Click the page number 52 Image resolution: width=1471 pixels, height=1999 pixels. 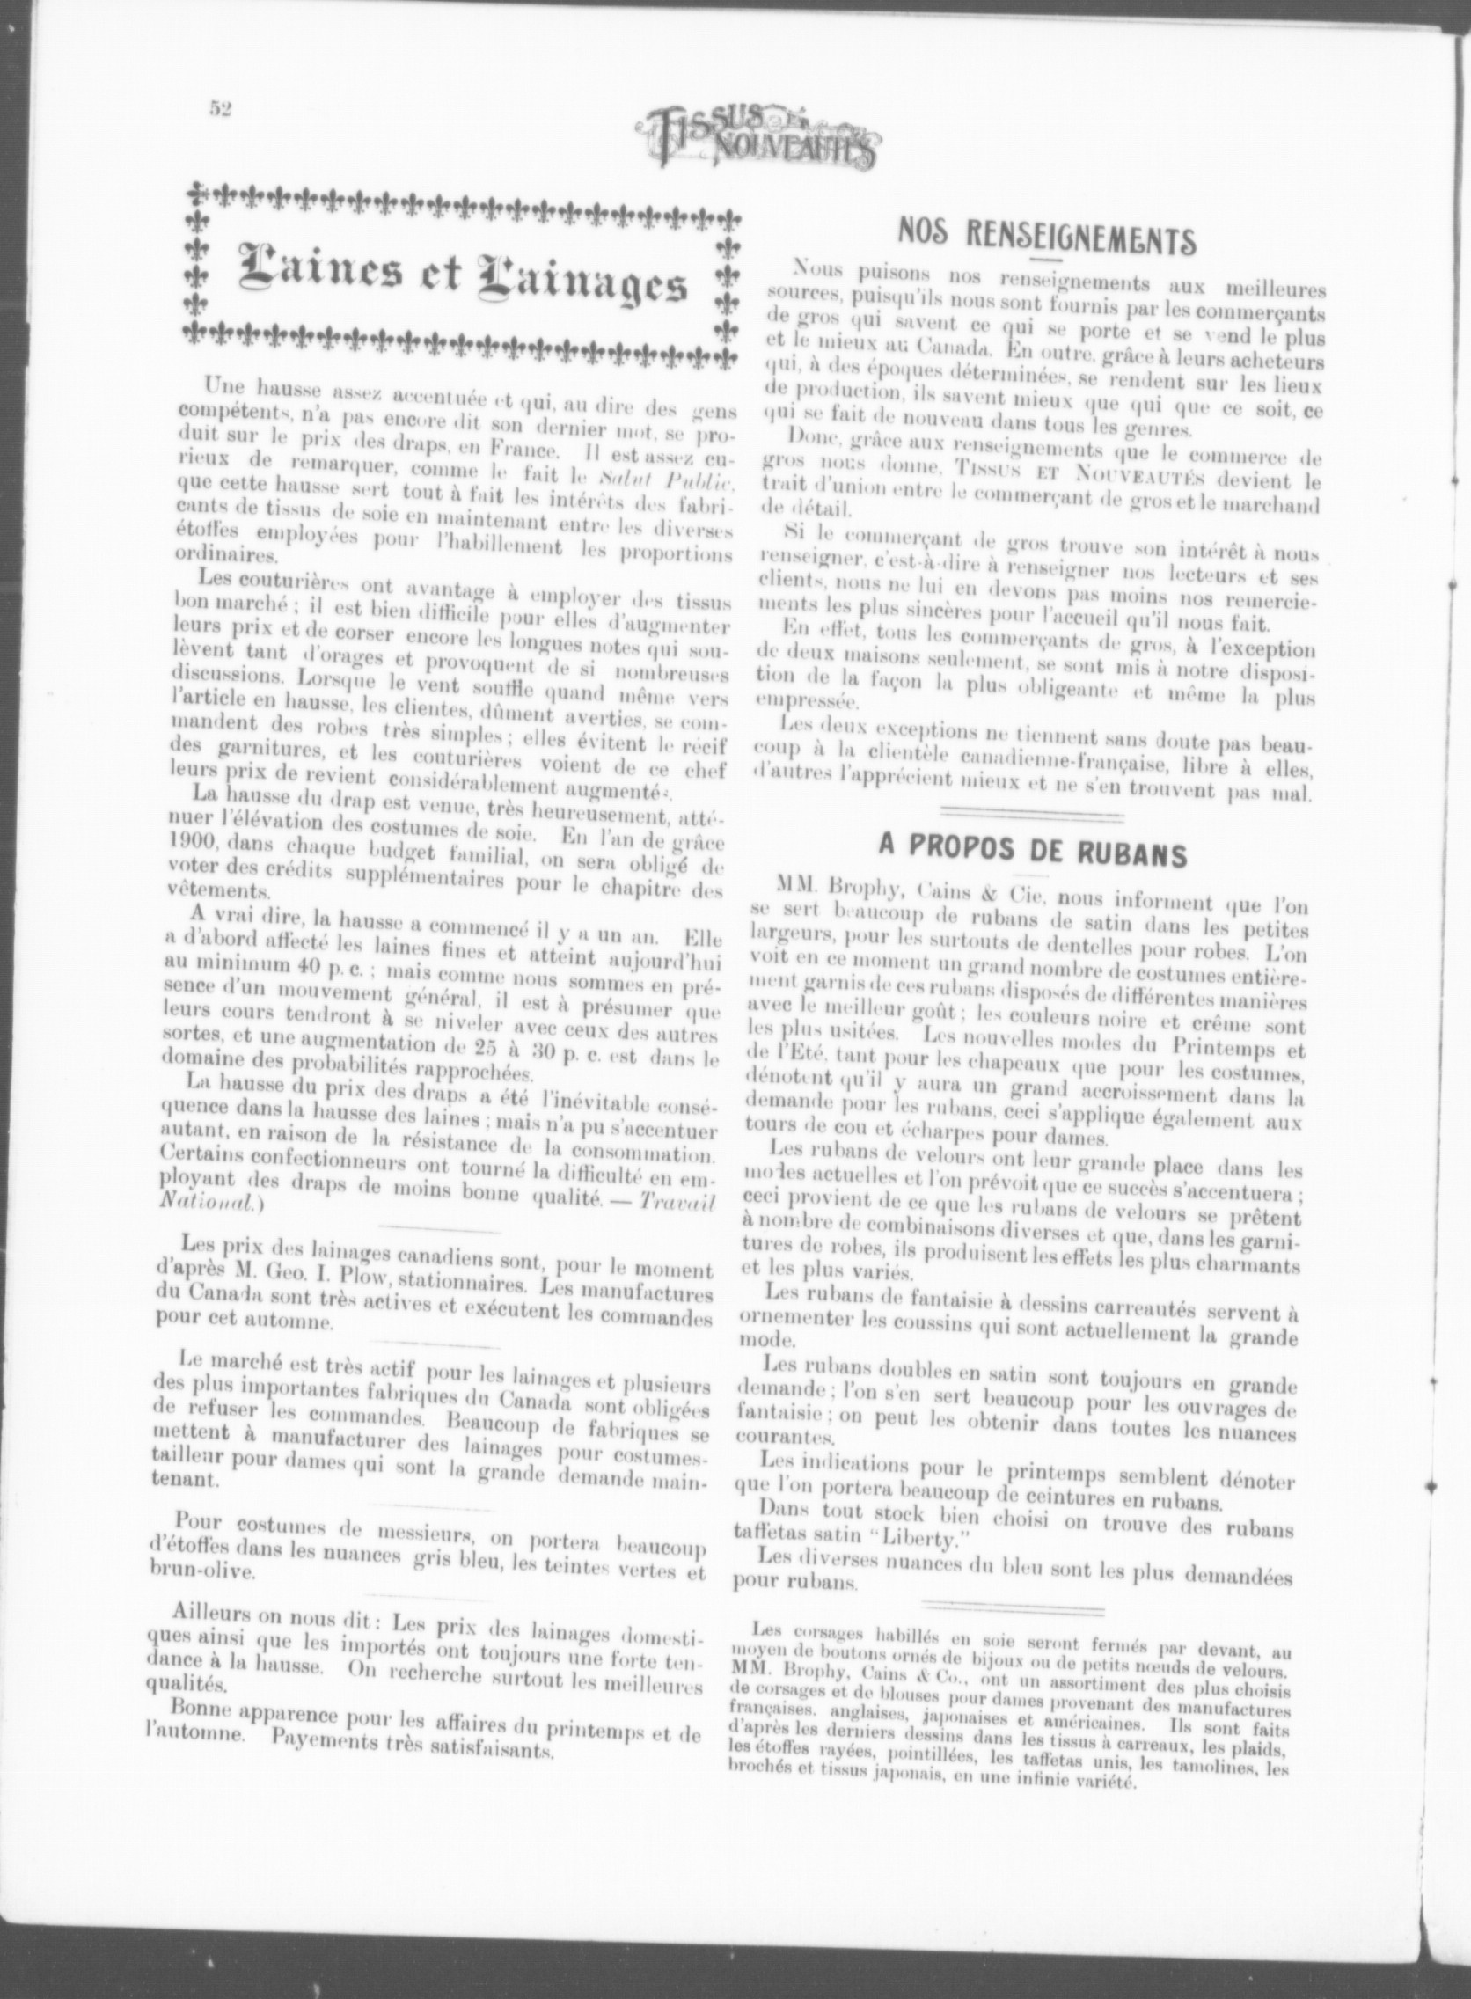[x=221, y=108]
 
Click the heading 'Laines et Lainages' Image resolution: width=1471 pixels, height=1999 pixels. [x=461, y=277]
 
